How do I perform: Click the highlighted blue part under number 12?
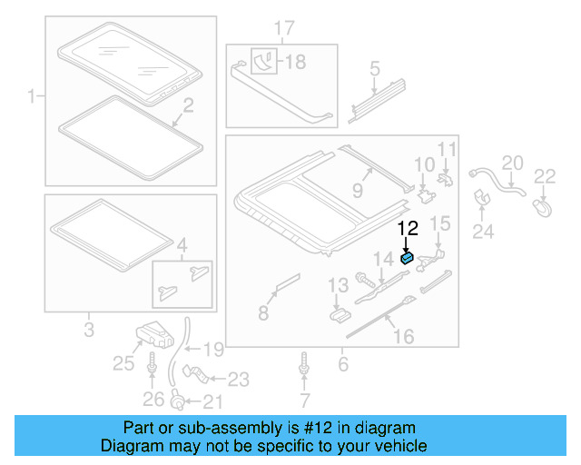click(x=407, y=259)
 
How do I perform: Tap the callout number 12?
click(x=407, y=230)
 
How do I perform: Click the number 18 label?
click(x=296, y=63)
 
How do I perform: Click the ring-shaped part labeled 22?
click(x=544, y=208)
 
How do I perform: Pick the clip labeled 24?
click(x=483, y=201)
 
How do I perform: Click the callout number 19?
click(x=212, y=349)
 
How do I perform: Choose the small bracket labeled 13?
click(x=339, y=313)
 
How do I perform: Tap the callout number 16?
click(x=402, y=337)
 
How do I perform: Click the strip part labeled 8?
click(x=284, y=282)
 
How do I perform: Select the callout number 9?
click(x=358, y=190)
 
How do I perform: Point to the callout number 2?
click(x=188, y=107)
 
